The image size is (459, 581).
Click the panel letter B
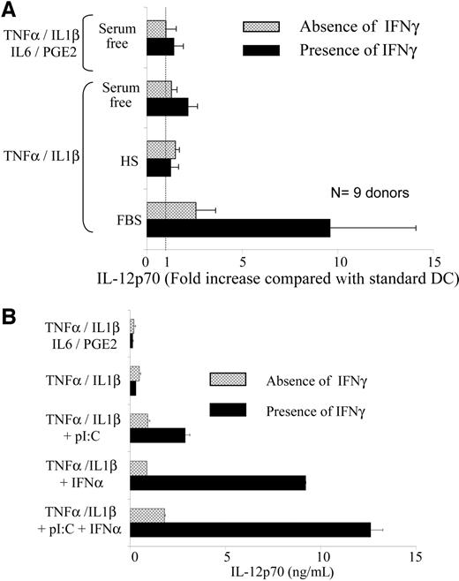[9, 314]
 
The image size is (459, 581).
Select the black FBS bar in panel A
[238, 228]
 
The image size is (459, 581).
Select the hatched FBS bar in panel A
[171, 210]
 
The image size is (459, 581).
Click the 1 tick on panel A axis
[166, 261]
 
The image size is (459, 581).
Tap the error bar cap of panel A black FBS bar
[416, 228]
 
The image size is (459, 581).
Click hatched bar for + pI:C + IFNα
[147, 514]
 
